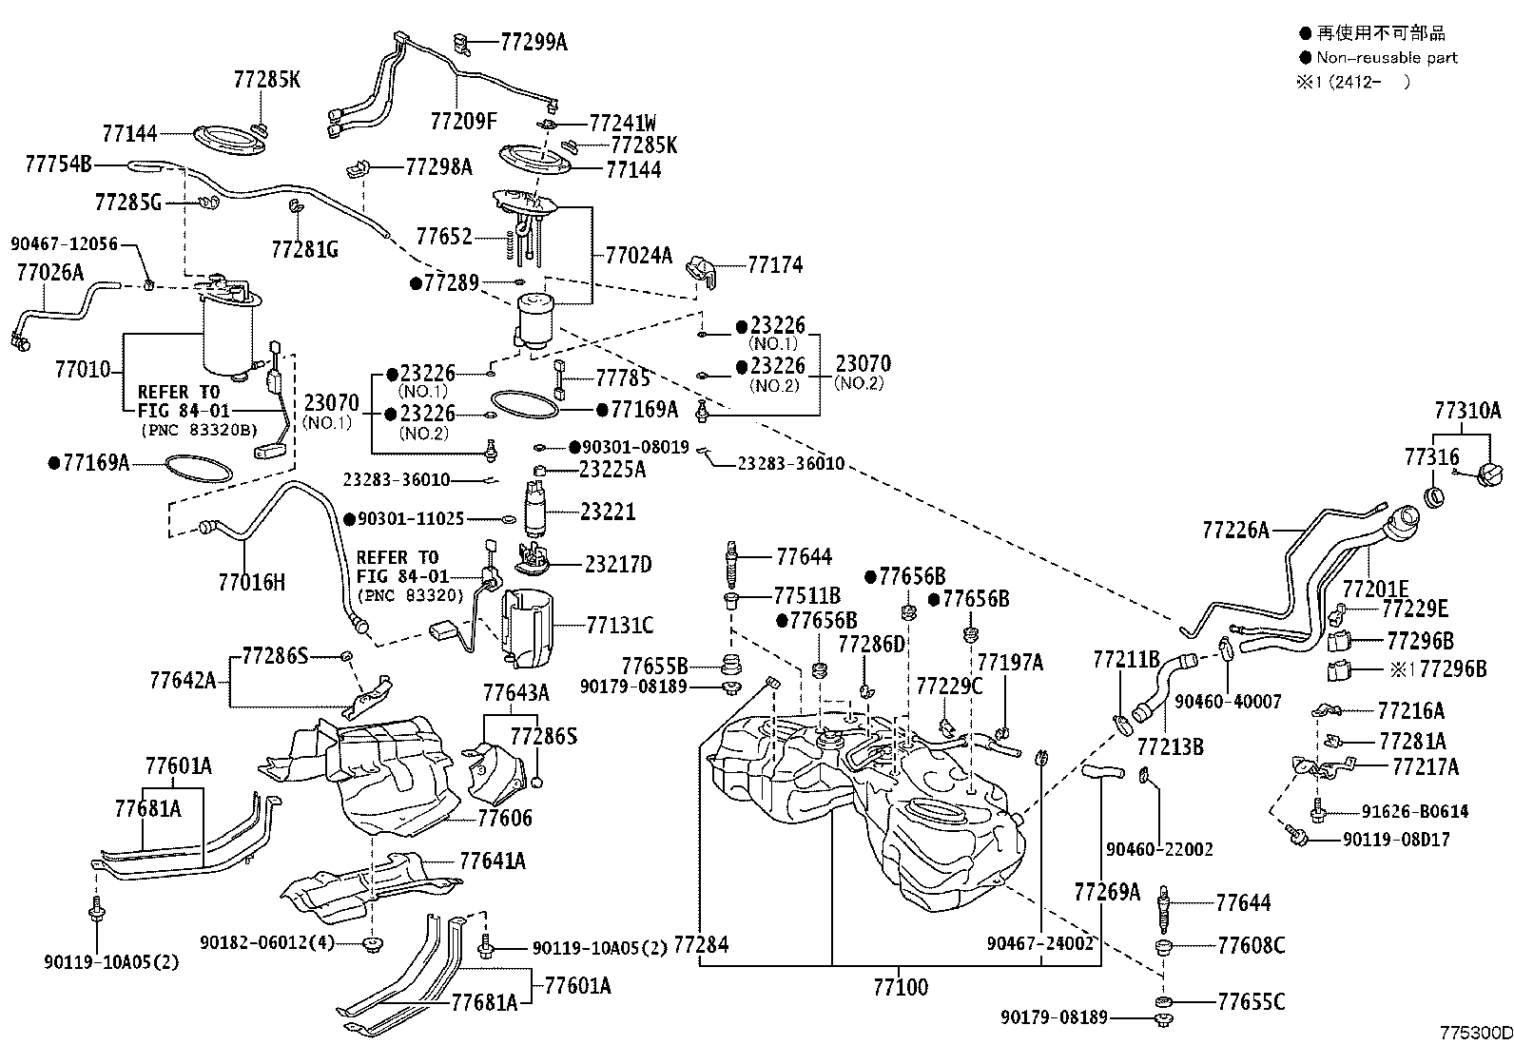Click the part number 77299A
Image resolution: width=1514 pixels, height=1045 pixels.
click(534, 43)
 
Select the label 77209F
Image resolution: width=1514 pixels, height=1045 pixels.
click(463, 121)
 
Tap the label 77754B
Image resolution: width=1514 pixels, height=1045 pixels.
click(58, 164)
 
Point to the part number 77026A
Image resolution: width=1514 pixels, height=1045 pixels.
click(50, 272)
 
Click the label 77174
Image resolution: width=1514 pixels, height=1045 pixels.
click(775, 265)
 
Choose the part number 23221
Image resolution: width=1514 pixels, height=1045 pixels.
click(608, 512)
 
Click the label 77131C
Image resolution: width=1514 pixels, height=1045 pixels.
click(620, 626)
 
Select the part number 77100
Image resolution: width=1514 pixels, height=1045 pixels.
click(901, 987)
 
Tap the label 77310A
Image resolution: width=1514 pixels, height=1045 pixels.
click(1467, 410)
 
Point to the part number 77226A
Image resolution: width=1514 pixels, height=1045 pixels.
click(1235, 530)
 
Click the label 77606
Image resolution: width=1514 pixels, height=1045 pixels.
click(505, 818)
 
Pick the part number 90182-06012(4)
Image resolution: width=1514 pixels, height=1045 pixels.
click(267, 942)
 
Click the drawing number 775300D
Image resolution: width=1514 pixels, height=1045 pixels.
click(1476, 1033)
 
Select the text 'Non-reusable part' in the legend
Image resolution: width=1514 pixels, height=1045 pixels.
click(1387, 58)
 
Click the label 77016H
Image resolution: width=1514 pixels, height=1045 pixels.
click(251, 582)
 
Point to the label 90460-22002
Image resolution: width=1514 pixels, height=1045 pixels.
click(1159, 849)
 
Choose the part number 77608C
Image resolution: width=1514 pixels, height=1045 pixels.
click(1252, 946)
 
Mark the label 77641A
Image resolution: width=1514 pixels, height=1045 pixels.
click(492, 861)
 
